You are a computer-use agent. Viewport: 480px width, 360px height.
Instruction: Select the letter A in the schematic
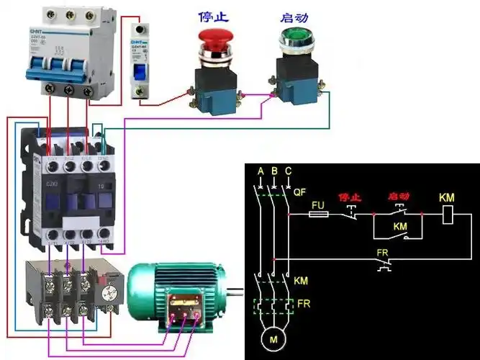point(260,171)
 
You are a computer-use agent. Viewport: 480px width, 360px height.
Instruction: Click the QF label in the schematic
point(301,192)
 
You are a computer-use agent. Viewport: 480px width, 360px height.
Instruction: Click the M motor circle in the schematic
point(273,338)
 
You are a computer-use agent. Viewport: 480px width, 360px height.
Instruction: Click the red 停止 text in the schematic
point(349,196)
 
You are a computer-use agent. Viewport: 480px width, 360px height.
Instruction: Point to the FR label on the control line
point(384,253)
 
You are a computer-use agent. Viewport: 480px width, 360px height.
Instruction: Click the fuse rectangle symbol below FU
point(319,214)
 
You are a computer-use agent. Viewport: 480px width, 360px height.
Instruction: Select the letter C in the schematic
point(288,171)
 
